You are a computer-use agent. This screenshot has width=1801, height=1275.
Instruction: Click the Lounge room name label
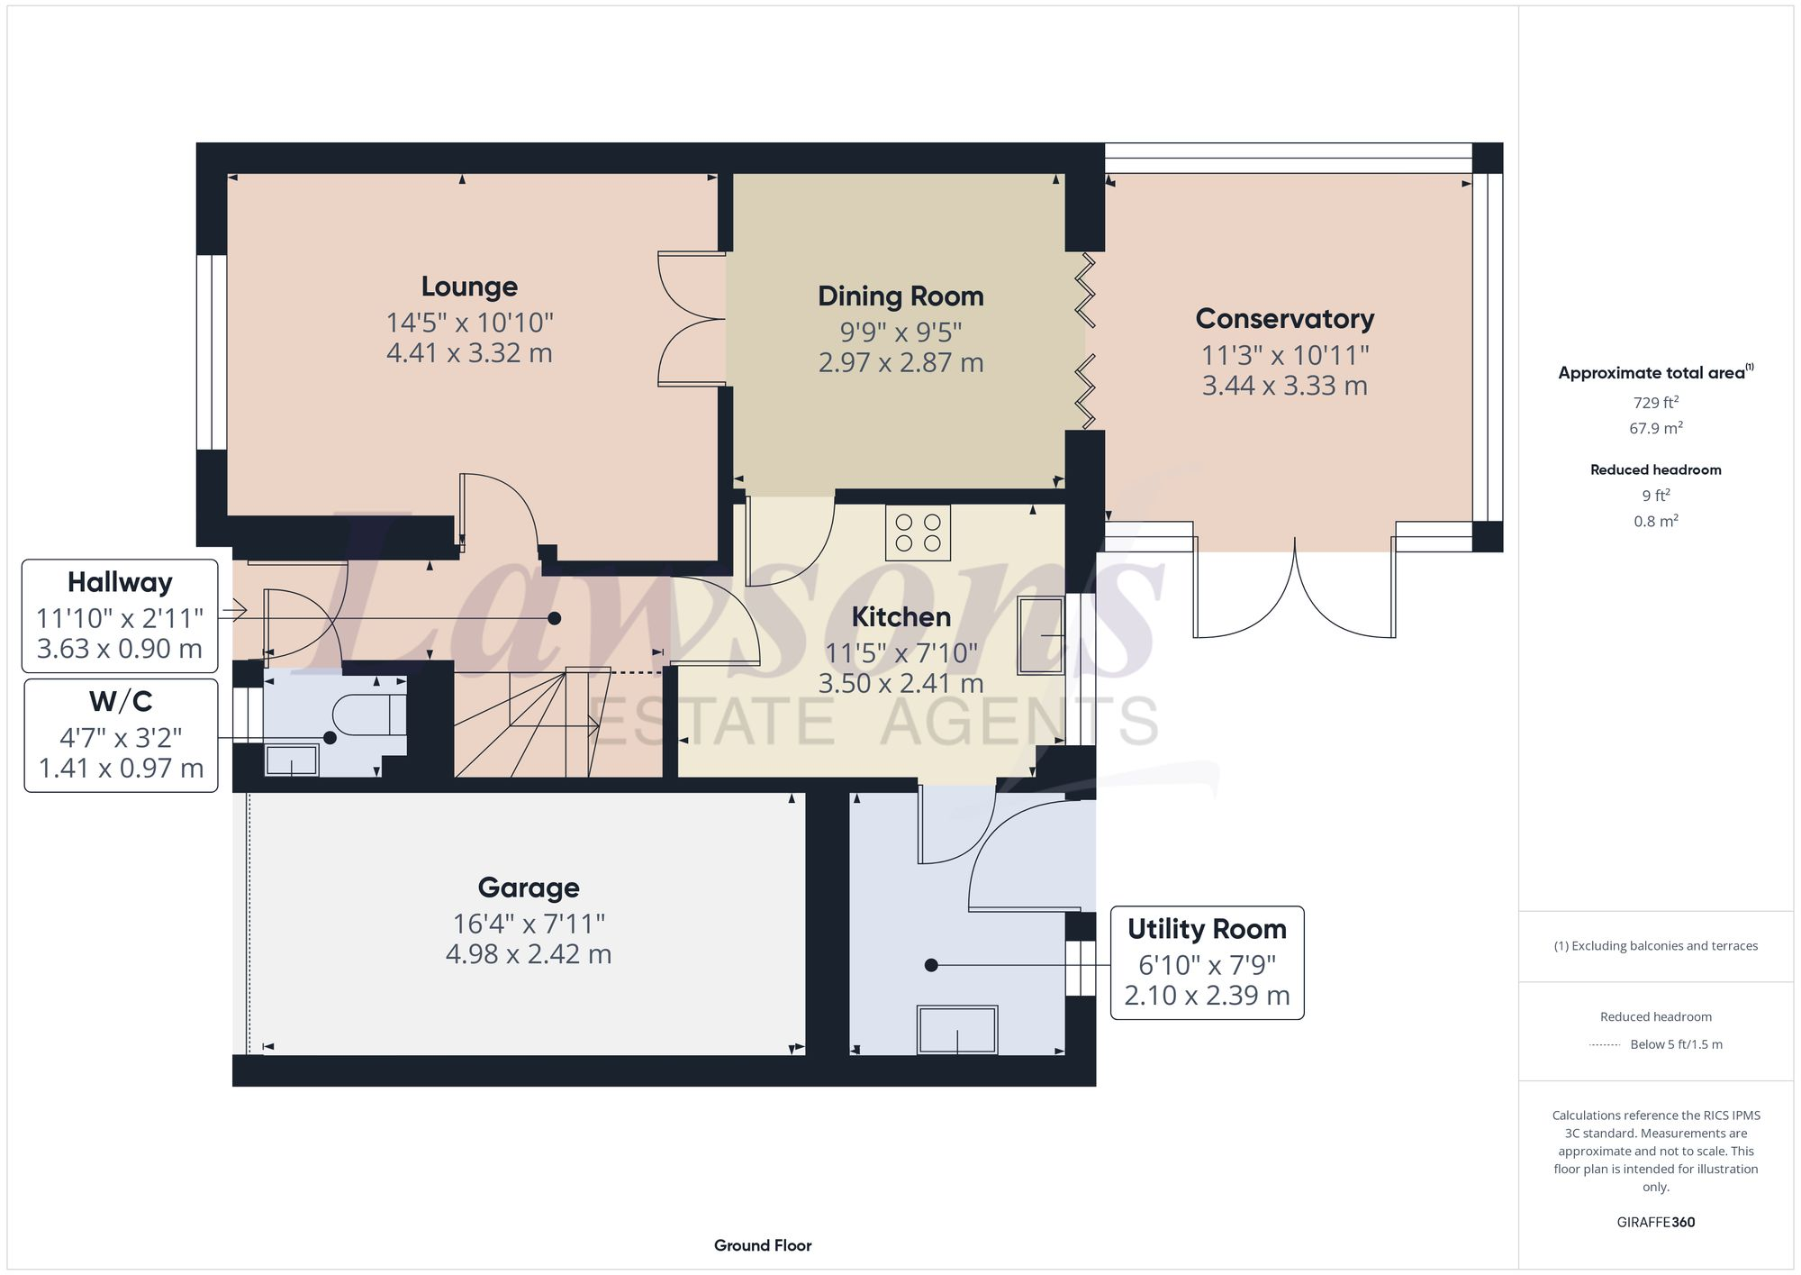(x=469, y=287)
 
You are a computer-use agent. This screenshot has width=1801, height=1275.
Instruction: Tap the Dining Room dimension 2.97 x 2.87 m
(x=900, y=363)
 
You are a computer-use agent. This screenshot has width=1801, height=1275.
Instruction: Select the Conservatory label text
(x=1284, y=319)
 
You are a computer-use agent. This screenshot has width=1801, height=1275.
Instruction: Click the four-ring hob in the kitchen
(x=918, y=533)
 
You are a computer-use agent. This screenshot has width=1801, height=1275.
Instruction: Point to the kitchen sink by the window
(x=1040, y=635)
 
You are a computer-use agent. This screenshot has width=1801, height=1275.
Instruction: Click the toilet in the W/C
(x=369, y=715)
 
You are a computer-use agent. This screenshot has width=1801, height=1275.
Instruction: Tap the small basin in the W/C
(x=291, y=760)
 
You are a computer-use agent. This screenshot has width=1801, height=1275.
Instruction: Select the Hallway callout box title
(x=120, y=583)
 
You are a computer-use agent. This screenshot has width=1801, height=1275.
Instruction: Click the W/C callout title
(x=121, y=701)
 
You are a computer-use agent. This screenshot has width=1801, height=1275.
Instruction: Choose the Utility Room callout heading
(x=1207, y=929)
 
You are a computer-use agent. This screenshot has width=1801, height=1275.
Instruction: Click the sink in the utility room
(x=956, y=1029)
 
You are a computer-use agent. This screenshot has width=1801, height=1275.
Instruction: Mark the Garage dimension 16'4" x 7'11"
(x=529, y=924)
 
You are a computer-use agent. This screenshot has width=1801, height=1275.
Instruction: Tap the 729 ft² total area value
(x=1655, y=403)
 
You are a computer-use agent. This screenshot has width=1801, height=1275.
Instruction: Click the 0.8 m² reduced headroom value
(x=1655, y=521)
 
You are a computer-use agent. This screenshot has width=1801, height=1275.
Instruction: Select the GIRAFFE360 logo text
(x=1655, y=1222)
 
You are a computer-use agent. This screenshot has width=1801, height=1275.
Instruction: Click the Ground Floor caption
(x=763, y=1245)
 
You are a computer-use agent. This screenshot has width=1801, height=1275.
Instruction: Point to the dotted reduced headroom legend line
(x=1605, y=1045)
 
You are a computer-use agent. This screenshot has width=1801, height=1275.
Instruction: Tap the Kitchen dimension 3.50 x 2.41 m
(x=900, y=684)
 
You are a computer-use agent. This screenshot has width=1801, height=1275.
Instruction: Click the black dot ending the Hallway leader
(x=555, y=618)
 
